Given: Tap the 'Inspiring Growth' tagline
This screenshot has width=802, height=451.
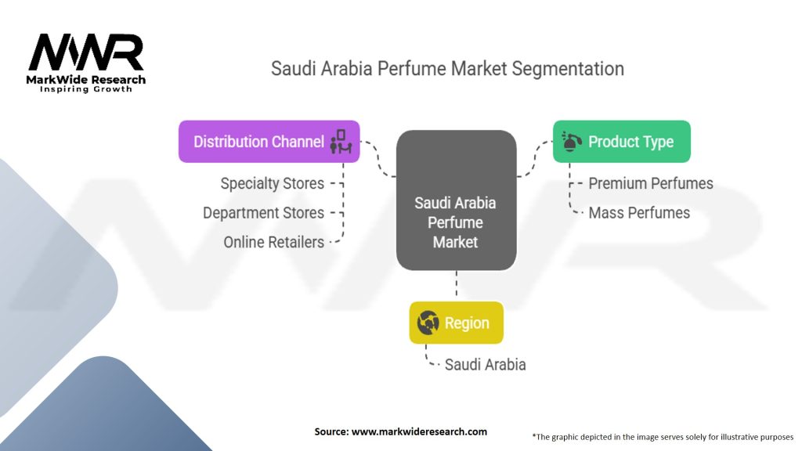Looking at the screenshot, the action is coord(86,89).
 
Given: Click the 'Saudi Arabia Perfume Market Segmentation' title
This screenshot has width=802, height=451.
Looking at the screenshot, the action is coord(447,68).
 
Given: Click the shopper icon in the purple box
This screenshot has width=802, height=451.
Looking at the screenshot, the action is coord(341,141).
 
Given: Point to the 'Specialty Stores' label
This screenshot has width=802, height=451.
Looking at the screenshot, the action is coord(272,183).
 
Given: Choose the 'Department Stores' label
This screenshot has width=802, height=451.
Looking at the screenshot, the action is coord(263,213).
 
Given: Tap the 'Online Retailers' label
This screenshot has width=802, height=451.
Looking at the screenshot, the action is coord(273,242).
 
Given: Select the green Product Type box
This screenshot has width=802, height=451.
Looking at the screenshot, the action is coord(621,142).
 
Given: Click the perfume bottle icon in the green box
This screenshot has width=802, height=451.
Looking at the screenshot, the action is coord(572,142).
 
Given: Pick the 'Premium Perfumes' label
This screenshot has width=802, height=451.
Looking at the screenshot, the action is coord(650,183).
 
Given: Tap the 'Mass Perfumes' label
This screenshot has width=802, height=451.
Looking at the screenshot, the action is coord(638,212).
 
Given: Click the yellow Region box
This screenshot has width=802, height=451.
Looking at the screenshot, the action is coord(455,323).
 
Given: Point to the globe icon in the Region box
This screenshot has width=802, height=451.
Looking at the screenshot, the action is coord(428,323).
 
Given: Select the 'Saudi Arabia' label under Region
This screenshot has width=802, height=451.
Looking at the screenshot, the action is coord(485,364).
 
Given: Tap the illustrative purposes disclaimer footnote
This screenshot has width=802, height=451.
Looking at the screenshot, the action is coord(663,436).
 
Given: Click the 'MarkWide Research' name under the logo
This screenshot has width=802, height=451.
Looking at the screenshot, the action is coord(86,79).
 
